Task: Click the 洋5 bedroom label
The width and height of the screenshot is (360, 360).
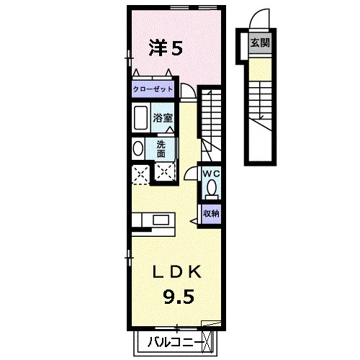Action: [x=166, y=48]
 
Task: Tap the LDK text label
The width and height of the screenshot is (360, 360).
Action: [x=177, y=272]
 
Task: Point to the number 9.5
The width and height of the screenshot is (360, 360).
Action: [x=179, y=297]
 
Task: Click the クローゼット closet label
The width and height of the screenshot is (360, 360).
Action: [x=153, y=89]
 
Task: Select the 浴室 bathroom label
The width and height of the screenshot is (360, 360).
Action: [x=163, y=118]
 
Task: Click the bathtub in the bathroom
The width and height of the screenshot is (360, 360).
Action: [x=140, y=118]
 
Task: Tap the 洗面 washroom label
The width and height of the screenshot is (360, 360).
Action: [x=161, y=149]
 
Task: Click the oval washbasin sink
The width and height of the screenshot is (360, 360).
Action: [x=138, y=148]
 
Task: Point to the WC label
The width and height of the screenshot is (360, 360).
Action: [x=212, y=174]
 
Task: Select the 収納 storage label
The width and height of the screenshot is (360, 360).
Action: [x=211, y=213]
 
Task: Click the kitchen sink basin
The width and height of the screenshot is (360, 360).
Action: [x=161, y=220]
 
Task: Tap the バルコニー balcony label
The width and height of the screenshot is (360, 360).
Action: [x=174, y=343]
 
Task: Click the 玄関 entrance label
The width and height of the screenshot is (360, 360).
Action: [x=260, y=43]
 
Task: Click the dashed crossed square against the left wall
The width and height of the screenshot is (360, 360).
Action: [x=140, y=174]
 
